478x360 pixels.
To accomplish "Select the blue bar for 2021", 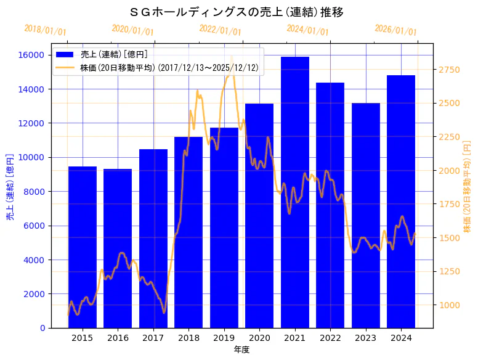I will pos(295,191).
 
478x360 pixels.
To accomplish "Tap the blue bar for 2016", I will pos(118,247).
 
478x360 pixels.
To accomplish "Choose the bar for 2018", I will pos(188,231).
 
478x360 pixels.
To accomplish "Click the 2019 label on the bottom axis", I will pos(224,338).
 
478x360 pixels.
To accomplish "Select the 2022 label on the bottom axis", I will pos(330,338).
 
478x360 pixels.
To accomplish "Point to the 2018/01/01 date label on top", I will pos(46,30).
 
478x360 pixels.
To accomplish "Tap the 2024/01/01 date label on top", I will pos(308,30).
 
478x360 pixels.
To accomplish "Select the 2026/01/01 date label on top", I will pos(395,30).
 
